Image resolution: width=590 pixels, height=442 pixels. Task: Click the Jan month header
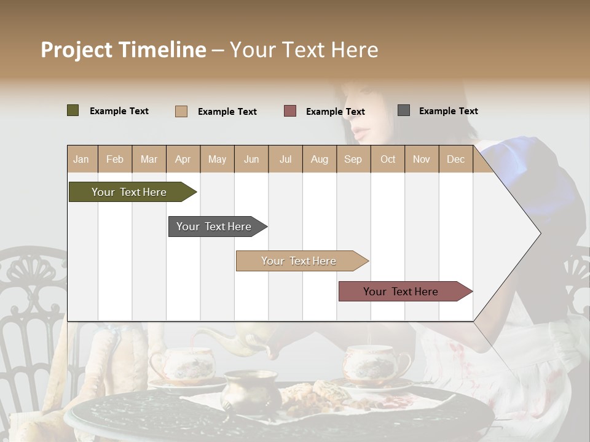[81, 159]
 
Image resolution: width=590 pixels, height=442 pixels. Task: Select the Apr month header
[183, 159]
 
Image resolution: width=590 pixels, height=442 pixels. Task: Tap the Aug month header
[319, 159]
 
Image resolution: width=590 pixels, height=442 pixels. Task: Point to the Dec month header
[455, 159]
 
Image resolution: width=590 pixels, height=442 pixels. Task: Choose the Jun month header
[251, 159]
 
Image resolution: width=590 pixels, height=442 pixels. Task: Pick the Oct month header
[388, 159]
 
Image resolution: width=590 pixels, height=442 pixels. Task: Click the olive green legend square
[73, 110]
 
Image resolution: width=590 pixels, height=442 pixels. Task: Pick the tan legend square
[181, 111]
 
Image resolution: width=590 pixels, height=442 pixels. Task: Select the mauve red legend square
[290, 110]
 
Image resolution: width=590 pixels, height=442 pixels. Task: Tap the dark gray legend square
[404, 110]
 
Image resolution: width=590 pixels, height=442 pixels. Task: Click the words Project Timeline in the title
[124, 50]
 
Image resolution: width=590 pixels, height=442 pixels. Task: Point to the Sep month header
[353, 159]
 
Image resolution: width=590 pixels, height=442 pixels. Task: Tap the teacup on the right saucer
[375, 362]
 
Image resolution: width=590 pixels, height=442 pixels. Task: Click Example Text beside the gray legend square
[449, 111]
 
